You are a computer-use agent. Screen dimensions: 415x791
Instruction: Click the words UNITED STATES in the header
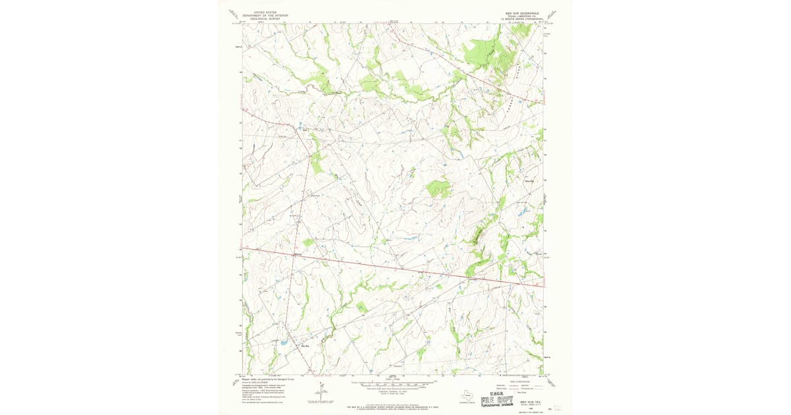point(260,11)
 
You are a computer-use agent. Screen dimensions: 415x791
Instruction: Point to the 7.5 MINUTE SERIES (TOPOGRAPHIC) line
point(521,19)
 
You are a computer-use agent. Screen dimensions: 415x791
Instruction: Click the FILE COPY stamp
point(498,399)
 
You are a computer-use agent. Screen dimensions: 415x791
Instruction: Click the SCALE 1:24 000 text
point(394,379)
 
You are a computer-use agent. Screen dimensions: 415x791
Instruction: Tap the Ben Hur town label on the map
point(305,345)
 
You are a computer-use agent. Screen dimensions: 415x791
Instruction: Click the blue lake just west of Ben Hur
point(283,343)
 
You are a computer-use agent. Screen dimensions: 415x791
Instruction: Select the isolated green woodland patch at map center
point(438,189)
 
